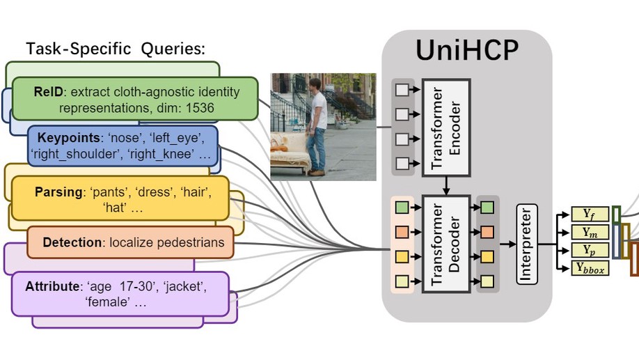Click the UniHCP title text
coord(467,52)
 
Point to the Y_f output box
coord(590,214)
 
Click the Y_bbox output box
coord(590,267)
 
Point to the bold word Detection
coord(72,242)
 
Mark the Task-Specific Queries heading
coord(116,49)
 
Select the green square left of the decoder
coord(402,208)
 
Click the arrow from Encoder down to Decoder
coord(446,186)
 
